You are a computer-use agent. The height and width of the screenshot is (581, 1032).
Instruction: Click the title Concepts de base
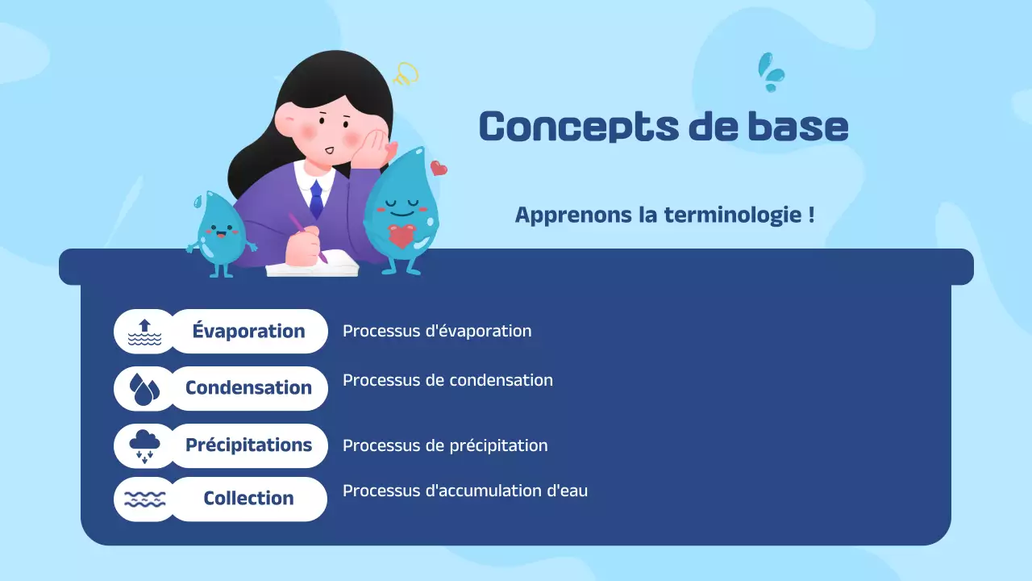click(663, 127)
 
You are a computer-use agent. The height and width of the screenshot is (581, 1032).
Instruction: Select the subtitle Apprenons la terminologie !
click(664, 215)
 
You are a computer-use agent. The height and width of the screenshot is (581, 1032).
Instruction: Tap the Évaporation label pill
click(248, 331)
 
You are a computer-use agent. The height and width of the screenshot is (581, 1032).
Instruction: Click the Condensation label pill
click(248, 388)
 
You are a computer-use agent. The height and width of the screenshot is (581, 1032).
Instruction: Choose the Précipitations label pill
click(248, 445)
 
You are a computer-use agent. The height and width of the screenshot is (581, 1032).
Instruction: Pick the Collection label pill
click(248, 499)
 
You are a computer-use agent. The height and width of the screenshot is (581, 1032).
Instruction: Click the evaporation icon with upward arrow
click(144, 332)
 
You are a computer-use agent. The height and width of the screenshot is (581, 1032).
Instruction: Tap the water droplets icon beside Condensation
click(144, 389)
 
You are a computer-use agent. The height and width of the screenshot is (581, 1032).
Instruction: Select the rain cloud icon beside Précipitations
click(144, 445)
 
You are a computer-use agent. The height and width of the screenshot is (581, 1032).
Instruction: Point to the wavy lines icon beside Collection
click(144, 499)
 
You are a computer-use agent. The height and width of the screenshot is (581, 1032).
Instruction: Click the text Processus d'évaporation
click(437, 331)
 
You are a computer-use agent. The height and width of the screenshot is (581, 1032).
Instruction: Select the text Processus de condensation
click(447, 380)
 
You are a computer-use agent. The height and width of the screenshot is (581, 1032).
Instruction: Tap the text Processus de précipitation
click(445, 445)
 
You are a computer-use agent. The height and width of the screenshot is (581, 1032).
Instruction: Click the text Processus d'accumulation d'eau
click(465, 491)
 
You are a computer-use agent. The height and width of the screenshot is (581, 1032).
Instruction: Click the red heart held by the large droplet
click(401, 236)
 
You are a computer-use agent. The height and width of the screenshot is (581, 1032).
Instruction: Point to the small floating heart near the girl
click(439, 168)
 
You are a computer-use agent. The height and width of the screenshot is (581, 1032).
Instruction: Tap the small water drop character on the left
click(219, 232)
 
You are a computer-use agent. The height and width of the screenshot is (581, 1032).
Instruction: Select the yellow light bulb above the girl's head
click(405, 75)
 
